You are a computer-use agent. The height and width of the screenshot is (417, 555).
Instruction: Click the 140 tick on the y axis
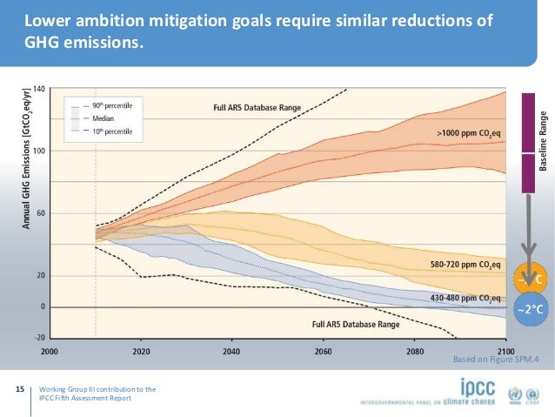tap(40, 89)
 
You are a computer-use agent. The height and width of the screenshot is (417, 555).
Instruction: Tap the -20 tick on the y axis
tap(40, 338)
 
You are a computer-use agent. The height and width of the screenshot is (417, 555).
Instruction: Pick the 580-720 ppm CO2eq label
tap(465, 263)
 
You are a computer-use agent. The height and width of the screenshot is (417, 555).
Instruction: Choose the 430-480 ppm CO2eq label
tap(465, 298)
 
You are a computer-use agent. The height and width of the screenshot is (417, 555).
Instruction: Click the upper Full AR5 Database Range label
tap(257, 108)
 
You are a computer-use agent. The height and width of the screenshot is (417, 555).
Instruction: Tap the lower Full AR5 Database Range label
tap(356, 324)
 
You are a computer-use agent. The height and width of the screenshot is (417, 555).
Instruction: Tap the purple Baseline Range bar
tap(527, 142)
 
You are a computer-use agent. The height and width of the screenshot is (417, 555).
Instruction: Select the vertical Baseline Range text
tap(545, 141)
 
